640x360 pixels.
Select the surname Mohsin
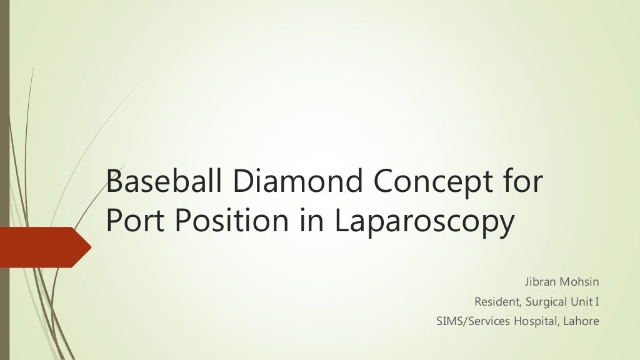pos(579,281)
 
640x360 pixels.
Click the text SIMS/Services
pos(469,322)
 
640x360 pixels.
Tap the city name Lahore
pos(581,322)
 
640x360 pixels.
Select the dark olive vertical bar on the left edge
pos(4,125)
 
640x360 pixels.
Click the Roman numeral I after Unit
pos(597,302)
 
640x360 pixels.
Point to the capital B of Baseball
pos(114,182)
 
